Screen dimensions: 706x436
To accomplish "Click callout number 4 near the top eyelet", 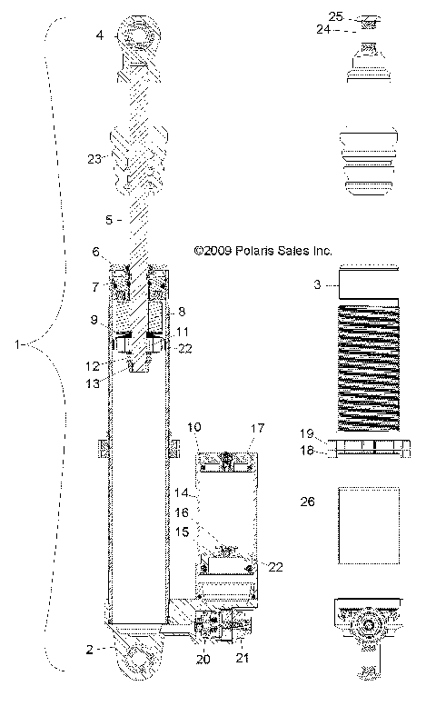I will click(100, 35).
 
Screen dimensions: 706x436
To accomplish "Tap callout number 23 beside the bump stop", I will click(94, 157).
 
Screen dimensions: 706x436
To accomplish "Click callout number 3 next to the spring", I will click(316, 285).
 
